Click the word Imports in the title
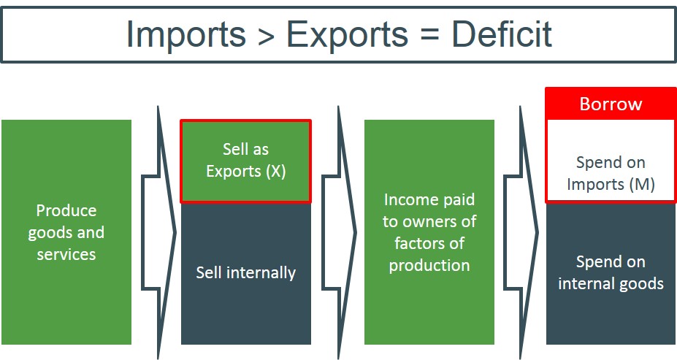185,34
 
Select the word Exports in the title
347,34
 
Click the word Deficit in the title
502,34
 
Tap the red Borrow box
611,104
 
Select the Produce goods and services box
66,232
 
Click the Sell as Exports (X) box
245,161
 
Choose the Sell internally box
245,274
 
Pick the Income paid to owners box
429,232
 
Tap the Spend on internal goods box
611,274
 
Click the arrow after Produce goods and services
158,232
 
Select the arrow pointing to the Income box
339,232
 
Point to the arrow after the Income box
521,232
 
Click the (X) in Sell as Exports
276,172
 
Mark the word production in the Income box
429,266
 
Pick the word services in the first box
66,254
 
